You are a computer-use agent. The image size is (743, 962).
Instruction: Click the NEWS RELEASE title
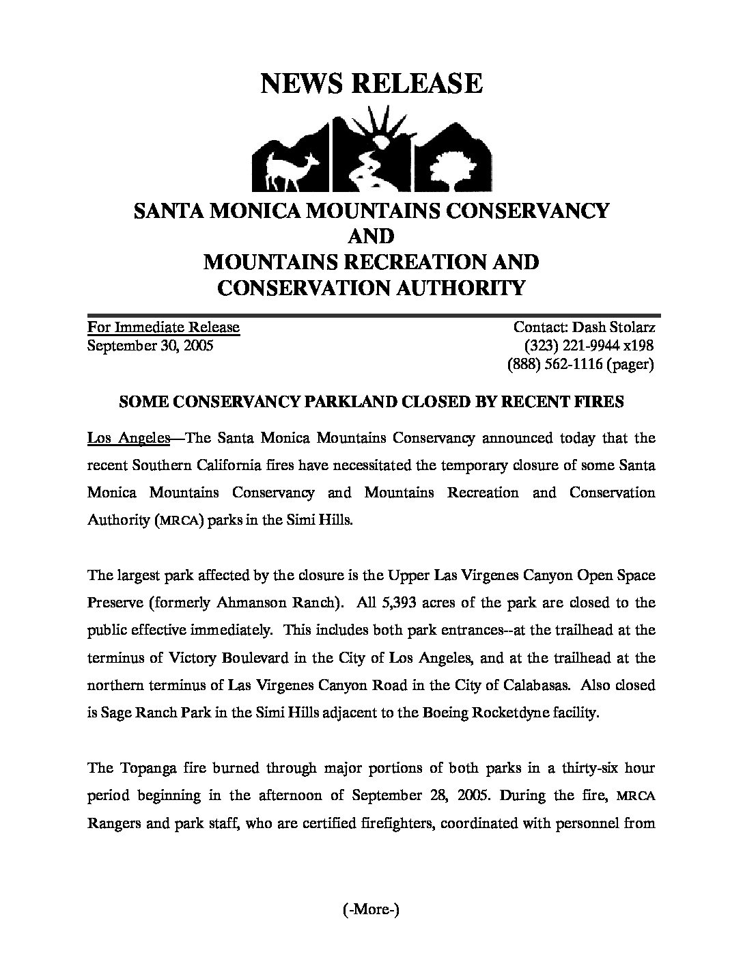tap(371, 83)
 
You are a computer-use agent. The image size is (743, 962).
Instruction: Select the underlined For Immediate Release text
tap(163, 327)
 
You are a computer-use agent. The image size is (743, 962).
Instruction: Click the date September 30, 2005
tap(150, 346)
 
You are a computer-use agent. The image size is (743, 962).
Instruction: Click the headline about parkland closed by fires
tap(371, 402)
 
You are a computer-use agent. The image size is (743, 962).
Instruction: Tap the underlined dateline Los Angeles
tap(128, 437)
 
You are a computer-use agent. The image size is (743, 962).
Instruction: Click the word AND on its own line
tap(371, 236)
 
